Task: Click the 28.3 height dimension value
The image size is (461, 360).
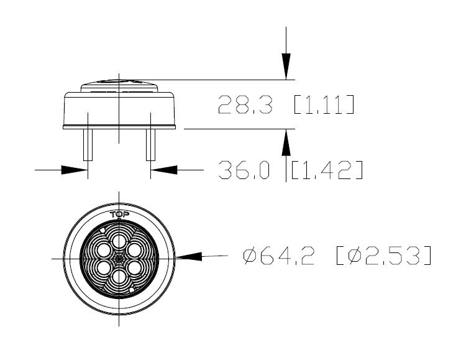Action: click(x=245, y=104)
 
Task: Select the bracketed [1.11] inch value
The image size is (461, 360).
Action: click(x=324, y=104)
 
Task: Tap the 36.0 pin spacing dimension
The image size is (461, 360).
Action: click(x=244, y=170)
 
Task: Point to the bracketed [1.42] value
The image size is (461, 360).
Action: click(x=327, y=170)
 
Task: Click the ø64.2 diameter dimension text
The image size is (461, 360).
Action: click(x=279, y=256)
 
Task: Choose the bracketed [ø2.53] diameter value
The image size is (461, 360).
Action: click(x=384, y=256)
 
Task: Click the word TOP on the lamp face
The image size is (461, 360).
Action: click(x=119, y=215)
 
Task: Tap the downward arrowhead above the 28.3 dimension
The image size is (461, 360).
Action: click(x=286, y=67)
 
